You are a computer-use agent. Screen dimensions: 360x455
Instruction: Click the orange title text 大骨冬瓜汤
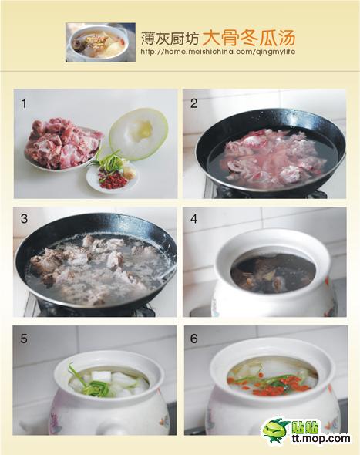click(248, 38)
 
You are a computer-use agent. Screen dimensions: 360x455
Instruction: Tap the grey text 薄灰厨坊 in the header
click(170, 39)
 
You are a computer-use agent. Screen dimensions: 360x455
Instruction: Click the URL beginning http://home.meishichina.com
click(218, 52)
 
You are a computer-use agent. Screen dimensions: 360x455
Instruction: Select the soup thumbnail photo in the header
click(100, 42)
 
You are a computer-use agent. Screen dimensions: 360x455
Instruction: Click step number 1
click(24, 103)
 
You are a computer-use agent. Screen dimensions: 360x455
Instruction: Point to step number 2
click(193, 103)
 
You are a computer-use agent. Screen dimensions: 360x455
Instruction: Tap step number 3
click(24, 218)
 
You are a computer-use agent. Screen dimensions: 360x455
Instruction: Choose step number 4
click(193, 218)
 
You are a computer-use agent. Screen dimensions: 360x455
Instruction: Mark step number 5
click(24, 339)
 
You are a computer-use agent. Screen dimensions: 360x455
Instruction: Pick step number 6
click(193, 339)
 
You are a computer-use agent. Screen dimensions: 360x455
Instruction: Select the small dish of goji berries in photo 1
click(113, 176)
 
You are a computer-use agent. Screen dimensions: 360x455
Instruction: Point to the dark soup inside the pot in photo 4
click(273, 273)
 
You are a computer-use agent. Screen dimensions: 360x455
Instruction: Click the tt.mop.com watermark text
click(321, 438)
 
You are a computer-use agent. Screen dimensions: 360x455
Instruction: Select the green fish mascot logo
click(276, 431)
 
